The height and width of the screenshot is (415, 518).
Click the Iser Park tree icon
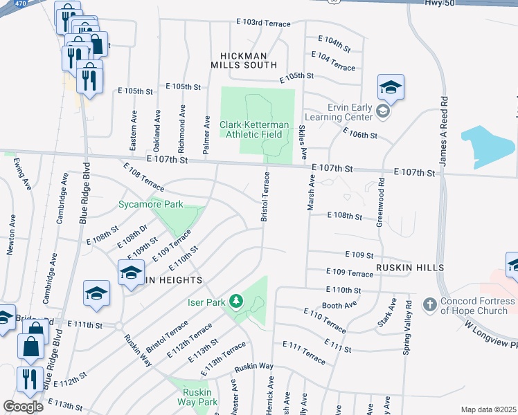coord(237,301)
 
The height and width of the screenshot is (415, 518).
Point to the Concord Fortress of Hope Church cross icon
coord(429,303)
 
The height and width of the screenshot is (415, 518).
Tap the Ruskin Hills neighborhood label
coord(409,267)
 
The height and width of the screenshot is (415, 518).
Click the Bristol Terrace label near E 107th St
coord(265,198)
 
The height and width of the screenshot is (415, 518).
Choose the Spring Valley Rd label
coord(409,324)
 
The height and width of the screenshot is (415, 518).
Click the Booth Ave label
coord(339,305)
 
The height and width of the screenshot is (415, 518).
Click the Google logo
coord(23,407)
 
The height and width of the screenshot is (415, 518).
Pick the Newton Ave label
coord(11,235)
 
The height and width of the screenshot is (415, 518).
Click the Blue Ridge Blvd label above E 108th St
coord(85,192)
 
